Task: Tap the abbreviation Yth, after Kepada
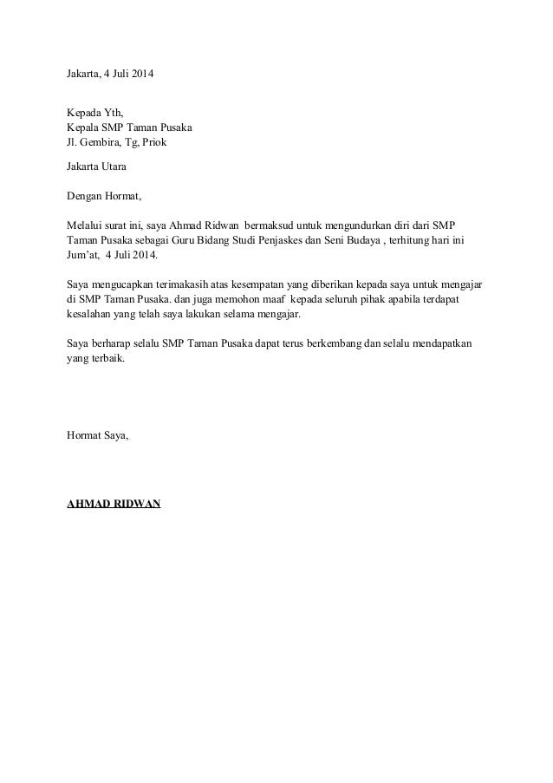tap(114, 113)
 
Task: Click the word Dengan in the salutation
tap(85, 195)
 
